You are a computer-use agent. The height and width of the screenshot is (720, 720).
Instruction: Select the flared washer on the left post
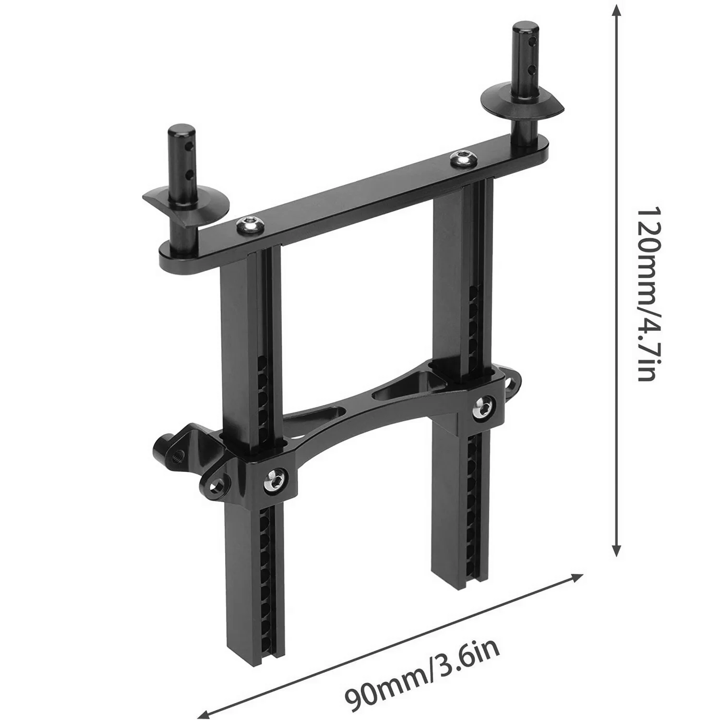tap(185, 202)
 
